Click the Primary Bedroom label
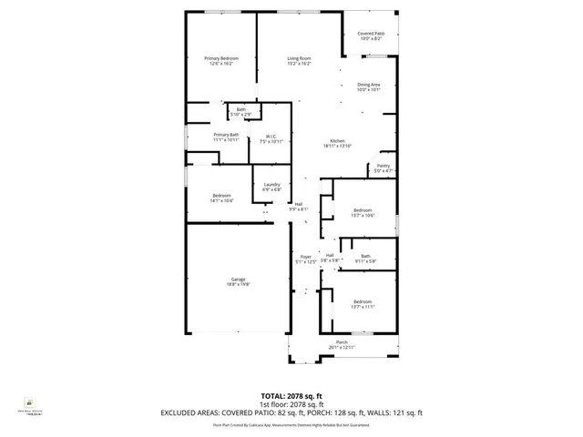coord(221,61)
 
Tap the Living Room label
coord(300,61)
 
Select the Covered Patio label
coord(370,36)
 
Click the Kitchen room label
coord(337,143)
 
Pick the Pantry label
coord(383,168)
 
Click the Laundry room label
coord(271,187)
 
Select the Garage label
coord(238,282)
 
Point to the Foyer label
coord(306,259)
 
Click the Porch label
coord(343,344)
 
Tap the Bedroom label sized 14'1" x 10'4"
coord(222,198)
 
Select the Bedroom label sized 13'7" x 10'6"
coord(363,213)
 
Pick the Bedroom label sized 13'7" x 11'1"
coord(363,304)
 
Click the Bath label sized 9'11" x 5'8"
coord(365,259)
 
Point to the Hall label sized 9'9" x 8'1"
coord(298,207)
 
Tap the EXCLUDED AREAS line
coord(291,412)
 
